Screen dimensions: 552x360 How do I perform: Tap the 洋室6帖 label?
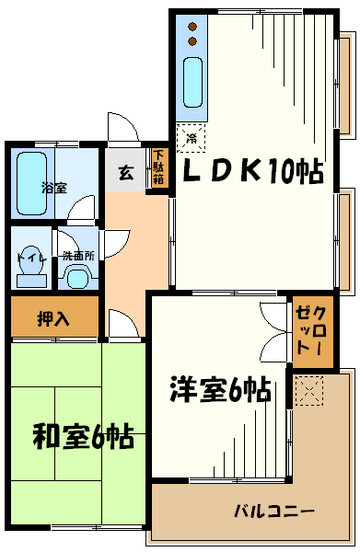point(218,389)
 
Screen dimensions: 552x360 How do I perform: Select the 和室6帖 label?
point(83,436)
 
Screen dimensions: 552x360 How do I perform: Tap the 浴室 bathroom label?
point(53,187)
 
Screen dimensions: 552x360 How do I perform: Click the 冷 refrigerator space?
point(192,138)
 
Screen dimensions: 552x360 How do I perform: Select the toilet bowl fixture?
point(25,274)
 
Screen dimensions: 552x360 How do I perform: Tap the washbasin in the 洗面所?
point(77,277)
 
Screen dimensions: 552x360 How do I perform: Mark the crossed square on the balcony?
point(308,391)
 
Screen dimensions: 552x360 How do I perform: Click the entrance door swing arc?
point(122,129)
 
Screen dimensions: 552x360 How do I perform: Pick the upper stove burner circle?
point(192,27)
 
